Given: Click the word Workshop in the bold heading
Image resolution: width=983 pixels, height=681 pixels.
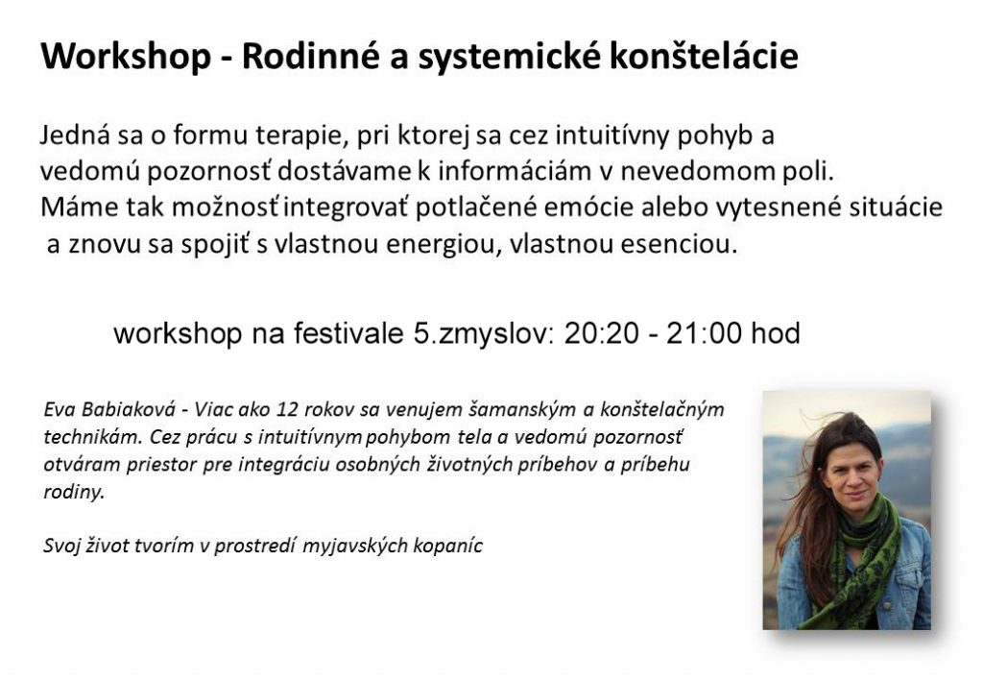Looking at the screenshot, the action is [x=126, y=55].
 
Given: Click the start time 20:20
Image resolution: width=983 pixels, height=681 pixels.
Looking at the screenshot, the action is [x=601, y=333].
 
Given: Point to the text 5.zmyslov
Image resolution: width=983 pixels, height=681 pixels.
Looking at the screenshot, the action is [x=484, y=333].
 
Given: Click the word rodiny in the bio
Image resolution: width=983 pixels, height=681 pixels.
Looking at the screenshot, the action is [x=73, y=492].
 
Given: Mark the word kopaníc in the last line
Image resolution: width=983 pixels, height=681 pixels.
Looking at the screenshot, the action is [x=447, y=546].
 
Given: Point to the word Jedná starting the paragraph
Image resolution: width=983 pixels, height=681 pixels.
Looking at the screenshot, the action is [x=75, y=135].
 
